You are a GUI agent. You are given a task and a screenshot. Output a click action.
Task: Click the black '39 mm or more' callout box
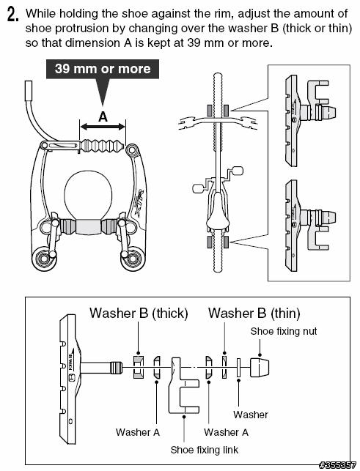pos(103,69)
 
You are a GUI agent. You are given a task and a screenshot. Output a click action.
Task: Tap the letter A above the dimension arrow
pos(103,116)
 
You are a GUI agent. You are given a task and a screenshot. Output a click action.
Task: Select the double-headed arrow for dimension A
pos(103,127)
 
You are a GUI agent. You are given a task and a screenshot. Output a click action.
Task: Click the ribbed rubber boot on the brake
pos(102,147)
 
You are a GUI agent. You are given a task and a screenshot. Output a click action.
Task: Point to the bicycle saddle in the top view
pos(218,214)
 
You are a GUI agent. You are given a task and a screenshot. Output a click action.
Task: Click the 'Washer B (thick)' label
pos(139,313)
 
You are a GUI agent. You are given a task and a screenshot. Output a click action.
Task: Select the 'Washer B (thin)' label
pos(254,313)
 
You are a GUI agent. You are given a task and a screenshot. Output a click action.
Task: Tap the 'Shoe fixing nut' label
pos(284,331)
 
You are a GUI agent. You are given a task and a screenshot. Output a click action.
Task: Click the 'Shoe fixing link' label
pos(205,450)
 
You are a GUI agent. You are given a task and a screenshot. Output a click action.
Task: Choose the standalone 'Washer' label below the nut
pos(251,415)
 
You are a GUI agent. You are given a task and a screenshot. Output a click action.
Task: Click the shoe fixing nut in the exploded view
pos(260,368)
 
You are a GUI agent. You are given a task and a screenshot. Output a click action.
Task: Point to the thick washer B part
pos(139,367)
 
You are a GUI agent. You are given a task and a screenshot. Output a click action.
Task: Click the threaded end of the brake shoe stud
pos(116,368)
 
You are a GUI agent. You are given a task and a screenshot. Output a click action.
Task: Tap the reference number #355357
pos(337,465)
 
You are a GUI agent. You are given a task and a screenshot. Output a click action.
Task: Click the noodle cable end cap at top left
pos(29,90)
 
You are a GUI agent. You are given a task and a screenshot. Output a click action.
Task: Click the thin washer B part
pos(224,367)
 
